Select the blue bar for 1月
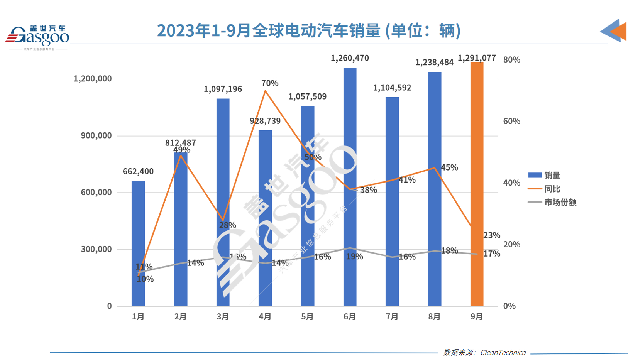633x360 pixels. [x=138, y=243]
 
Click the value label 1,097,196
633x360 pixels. [x=223, y=89]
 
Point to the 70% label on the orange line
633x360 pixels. [x=269, y=83]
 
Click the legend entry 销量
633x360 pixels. [x=552, y=176]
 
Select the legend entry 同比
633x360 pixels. [x=552, y=189]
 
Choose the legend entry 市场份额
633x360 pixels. [x=560, y=202]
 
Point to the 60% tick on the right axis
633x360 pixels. [x=511, y=122]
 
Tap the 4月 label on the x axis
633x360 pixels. [x=265, y=317]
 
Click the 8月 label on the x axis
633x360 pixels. [x=434, y=317]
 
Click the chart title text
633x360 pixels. [x=309, y=31]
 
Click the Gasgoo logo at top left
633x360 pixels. [x=37, y=37]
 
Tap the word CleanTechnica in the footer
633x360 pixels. [x=503, y=353]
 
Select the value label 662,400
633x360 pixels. [x=138, y=172]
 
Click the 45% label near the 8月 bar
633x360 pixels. [x=449, y=168]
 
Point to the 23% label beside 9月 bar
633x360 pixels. [x=491, y=235]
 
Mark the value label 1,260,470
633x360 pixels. [x=350, y=58]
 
